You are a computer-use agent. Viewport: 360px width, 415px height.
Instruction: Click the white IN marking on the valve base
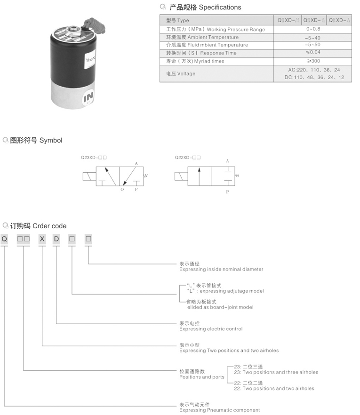tap(88, 98)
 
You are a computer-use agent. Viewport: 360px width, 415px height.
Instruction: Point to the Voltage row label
tap(181, 74)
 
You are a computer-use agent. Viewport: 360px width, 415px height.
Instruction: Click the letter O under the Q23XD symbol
tap(122, 190)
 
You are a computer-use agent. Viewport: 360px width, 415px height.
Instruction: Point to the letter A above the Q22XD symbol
tap(227, 161)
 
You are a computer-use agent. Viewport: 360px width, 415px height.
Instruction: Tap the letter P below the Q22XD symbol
tap(227, 192)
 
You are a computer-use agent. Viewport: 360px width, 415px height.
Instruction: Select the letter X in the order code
tap(42, 239)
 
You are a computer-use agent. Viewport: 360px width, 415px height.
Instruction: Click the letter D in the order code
tap(56, 239)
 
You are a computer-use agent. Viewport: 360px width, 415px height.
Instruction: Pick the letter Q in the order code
tap(4, 239)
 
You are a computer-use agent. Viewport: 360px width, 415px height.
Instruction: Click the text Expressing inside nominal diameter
tap(221, 269)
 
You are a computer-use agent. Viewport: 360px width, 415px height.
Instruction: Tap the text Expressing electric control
tap(211, 329)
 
